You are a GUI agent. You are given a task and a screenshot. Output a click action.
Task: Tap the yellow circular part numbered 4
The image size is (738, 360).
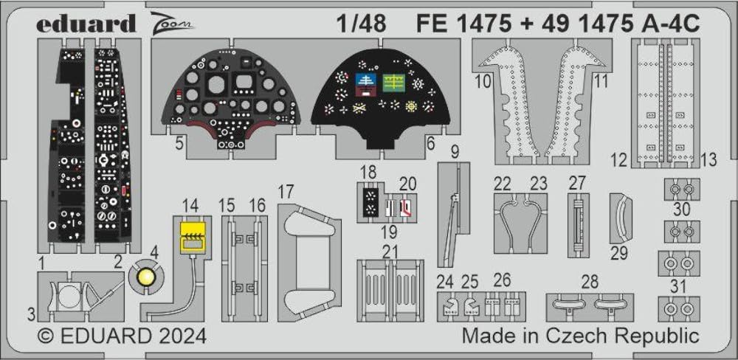tap(146, 277)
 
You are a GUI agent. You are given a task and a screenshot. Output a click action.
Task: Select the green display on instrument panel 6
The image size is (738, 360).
tap(393, 81)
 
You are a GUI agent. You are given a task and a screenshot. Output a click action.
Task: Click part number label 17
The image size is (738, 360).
tap(286, 193)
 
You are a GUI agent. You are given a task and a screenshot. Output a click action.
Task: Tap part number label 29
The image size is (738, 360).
tap(619, 254)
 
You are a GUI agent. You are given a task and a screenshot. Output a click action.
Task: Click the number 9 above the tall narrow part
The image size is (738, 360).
tap(455, 153)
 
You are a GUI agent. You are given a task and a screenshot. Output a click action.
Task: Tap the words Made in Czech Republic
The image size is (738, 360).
tap(580, 336)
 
